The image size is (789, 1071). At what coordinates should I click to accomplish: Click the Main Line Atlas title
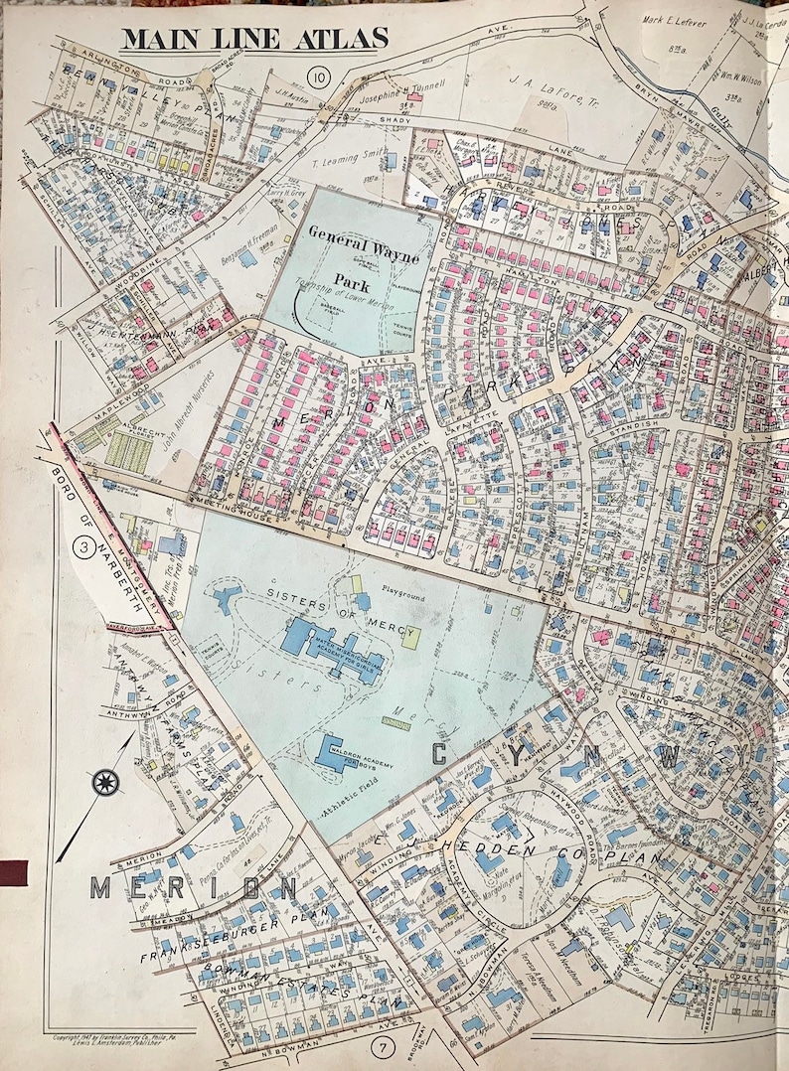click(x=254, y=38)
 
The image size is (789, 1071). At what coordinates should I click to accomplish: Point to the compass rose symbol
click(x=104, y=781)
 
